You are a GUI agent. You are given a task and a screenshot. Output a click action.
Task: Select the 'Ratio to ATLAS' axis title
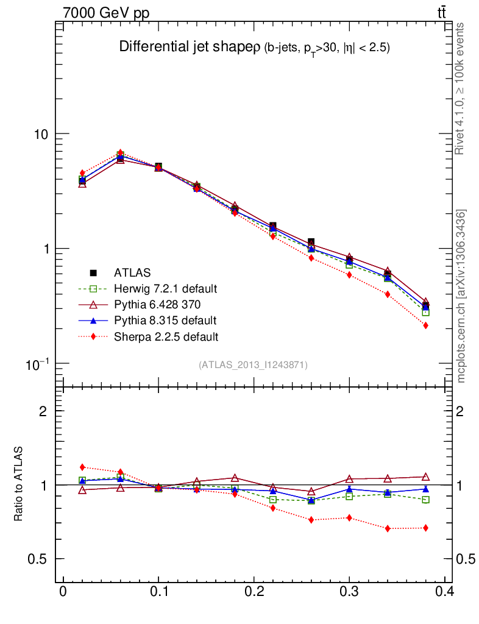(x=19, y=484)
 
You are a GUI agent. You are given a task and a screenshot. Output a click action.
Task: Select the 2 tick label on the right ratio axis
(x=464, y=411)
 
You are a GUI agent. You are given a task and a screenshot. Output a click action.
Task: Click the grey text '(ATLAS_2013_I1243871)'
(x=253, y=365)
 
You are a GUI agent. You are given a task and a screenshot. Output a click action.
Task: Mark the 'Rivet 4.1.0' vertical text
(x=460, y=88)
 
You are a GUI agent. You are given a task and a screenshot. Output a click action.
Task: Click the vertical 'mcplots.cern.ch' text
(x=461, y=296)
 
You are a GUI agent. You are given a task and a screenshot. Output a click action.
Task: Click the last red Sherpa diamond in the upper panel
(x=425, y=325)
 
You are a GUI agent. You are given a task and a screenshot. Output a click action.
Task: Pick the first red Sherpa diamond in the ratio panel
(x=82, y=467)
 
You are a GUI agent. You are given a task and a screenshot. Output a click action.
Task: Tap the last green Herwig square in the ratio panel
(x=425, y=500)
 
